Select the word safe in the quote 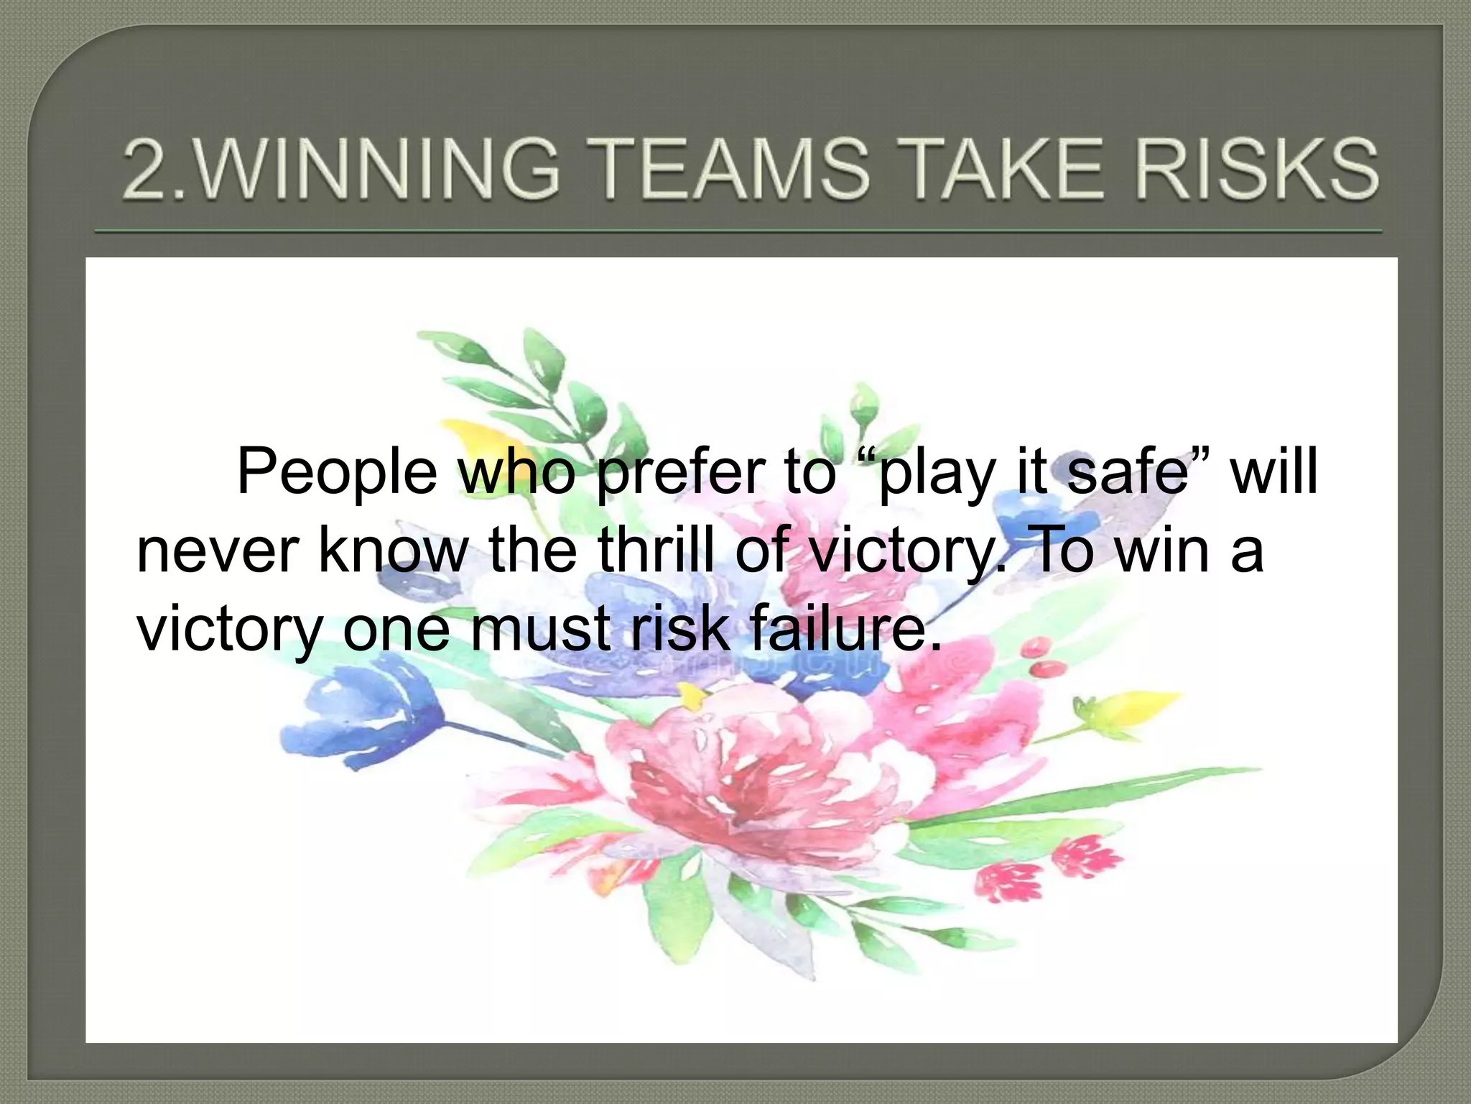(1128, 473)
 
